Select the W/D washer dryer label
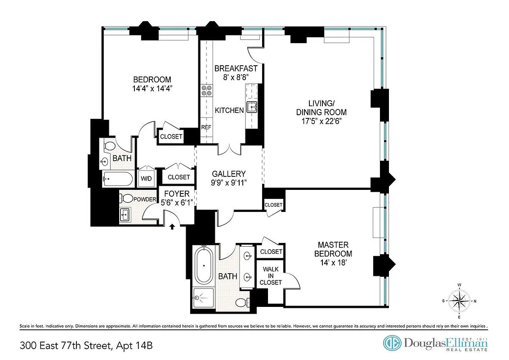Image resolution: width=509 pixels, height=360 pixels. [146, 178]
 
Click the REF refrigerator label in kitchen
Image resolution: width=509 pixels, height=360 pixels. [206, 127]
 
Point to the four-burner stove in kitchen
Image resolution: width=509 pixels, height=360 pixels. [206, 90]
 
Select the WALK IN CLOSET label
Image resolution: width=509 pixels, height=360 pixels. [271, 276]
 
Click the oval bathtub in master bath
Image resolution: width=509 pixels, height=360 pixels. [203, 266]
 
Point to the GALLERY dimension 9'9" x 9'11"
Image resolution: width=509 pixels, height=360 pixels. [229, 183]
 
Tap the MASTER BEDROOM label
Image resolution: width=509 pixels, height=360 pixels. [333, 249]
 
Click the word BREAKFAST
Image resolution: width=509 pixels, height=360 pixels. [236, 68]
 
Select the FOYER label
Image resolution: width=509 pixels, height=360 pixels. [176, 194]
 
